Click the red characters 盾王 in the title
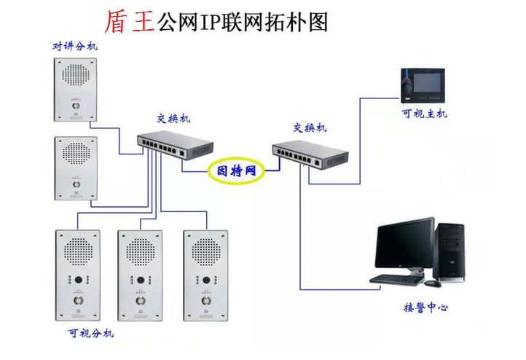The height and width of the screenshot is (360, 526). pyautogui.click(x=130, y=21)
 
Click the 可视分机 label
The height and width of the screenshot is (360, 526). pyautogui.click(x=90, y=334)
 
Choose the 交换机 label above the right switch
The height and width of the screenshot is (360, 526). pyautogui.click(x=310, y=128)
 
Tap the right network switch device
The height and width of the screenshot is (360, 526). pyautogui.click(x=310, y=154)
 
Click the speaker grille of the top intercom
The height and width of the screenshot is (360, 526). pyautogui.click(x=75, y=75)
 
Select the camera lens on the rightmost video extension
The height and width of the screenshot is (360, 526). pyautogui.click(x=205, y=280)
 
